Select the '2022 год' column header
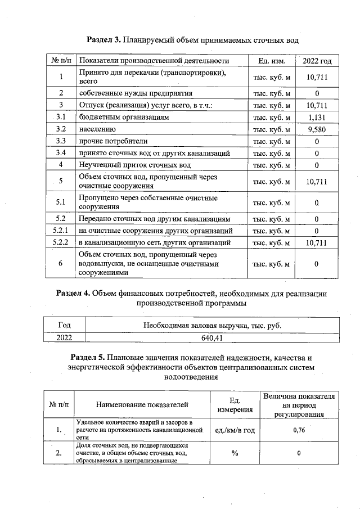pyautogui.click(x=317, y=61)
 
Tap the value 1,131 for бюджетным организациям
pyautogui.click(x=317, y=117)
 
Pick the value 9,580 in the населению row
pyautogui.click(x=317, y=129)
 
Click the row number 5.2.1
pyautogui.click(x=60, y=231)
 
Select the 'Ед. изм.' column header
pyautogui.click(x=272, y=61)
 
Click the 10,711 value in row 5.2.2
pyautogui.click(x=317, y=243)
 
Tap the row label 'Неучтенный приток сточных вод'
pyautogui.click(x=134, y=165)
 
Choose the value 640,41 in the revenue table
pyautogui.click(x=212, y=338)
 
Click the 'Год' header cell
pyautogui.click(x=64, y=325)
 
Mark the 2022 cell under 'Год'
pyautogui.click(x=64, y=338)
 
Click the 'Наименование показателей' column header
pyautogui.click(x=142, y=404)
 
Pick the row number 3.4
pyautogui.click(x=60, y=153)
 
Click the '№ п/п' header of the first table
pyautogui.click(x=60, y=61)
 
